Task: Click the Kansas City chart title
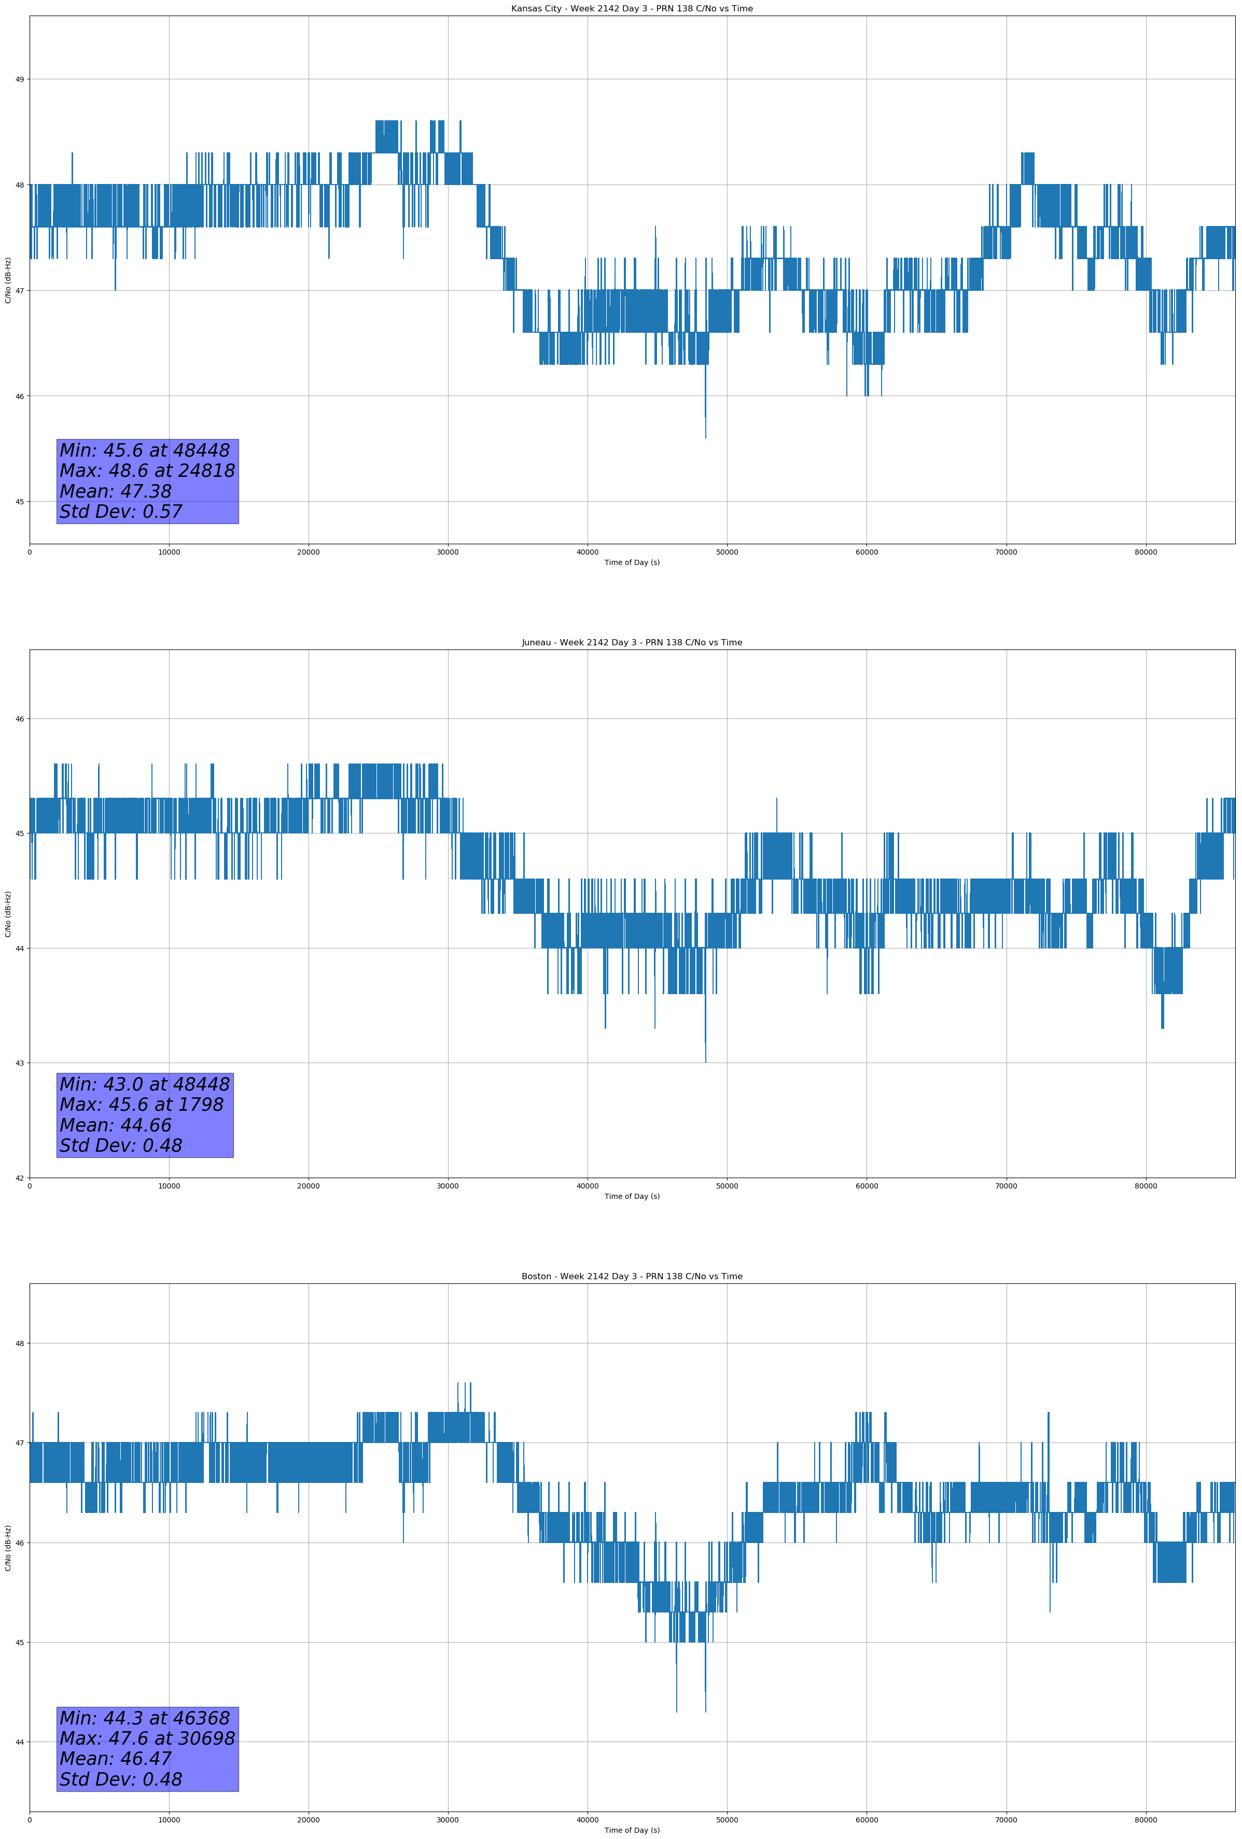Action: (x=632, y=9)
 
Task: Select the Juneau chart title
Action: (x=632, y=643)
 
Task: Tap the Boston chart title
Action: (x=632, y=1277)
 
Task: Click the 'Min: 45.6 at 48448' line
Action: (x=145, y=450)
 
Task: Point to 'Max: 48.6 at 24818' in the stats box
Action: (x=147, y=471)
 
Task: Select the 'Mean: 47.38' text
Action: (x=116, y=491)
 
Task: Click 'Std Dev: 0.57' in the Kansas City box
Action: (x=121, y=512)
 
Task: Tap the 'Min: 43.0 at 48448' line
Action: (x=145, y=1084)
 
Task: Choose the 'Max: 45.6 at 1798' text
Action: (x=142, y=1105)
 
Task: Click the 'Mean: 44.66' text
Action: (x=116, y=1125)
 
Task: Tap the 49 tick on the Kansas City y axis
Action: (x=20, y=79)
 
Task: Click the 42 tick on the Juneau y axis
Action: (x=20, y=1178)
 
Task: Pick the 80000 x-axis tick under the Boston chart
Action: (x=1146, y=1819)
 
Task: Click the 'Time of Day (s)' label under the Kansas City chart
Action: (x=632, y=562)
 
